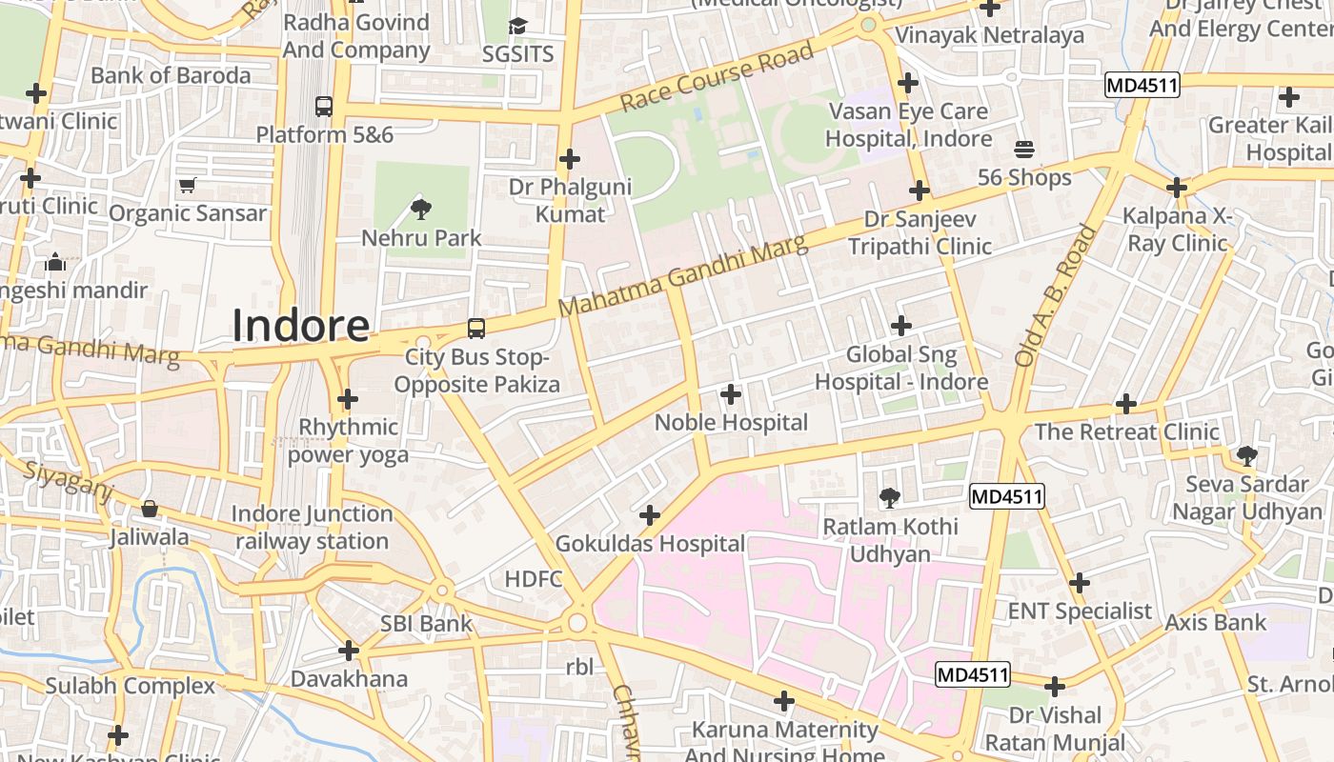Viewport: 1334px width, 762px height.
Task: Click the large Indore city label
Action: [x=300, y=326]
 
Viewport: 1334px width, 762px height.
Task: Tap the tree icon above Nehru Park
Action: [x=420, y=209]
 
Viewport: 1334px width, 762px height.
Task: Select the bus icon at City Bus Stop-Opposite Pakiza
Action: [x=475, y=329]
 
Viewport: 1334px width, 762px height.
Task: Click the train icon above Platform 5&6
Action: [x=324, y=106]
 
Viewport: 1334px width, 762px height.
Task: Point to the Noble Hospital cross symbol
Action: [x=731, y=393]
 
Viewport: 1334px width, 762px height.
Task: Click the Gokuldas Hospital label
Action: [x=650, y=544]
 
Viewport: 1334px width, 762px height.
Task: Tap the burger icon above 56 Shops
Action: [x=1024, y=149]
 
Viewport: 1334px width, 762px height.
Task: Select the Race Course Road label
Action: [x=717, y=75]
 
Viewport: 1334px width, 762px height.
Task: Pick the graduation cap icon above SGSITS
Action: [x=517, y=26]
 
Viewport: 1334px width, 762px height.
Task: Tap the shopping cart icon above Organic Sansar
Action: [x=187, y=185]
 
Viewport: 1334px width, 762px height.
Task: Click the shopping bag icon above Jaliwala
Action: [x=149, y=509]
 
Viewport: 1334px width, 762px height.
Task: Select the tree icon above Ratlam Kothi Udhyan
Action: [x=889, y=496]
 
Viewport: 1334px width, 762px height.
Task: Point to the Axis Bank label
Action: [x=1215, y=622]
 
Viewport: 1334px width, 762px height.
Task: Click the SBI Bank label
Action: [x=426, y=624]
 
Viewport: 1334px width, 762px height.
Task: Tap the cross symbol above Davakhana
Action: [x=349, y=651]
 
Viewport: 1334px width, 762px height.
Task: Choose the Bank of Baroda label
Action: [x=171, y=75]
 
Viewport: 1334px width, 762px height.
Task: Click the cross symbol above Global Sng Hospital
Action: [x=900, y=326]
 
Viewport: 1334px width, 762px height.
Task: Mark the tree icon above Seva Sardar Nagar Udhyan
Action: [x=1246, y=455]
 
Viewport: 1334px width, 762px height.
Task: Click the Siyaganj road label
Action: [x=68, y=481]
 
